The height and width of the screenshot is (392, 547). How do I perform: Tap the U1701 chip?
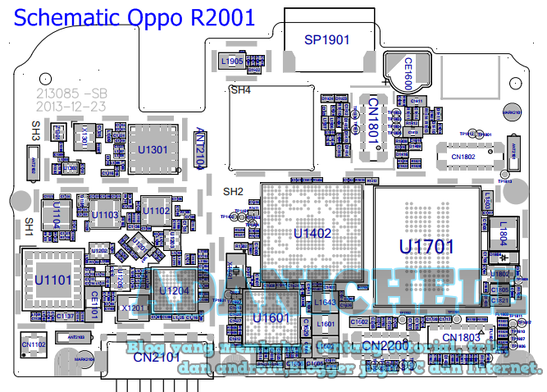coord(426,245)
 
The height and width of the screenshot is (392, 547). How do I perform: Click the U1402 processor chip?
coord(312,234)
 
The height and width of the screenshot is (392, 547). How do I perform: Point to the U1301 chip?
coord(153,149)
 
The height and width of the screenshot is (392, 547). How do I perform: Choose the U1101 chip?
coord(52,280)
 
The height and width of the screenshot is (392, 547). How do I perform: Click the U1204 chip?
coord(174,290)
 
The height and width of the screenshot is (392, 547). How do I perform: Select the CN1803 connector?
coord(460,338)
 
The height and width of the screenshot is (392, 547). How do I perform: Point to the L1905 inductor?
coord(231,61)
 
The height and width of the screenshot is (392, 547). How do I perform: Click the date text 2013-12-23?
coord(70,107)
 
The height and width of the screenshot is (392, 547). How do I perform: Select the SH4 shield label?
coord(240,90)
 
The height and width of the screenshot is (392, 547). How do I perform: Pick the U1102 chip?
coord(156,211)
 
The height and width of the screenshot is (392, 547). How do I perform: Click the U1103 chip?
coord(104,216)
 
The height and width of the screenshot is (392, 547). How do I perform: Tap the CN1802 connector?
coord(463,156)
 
